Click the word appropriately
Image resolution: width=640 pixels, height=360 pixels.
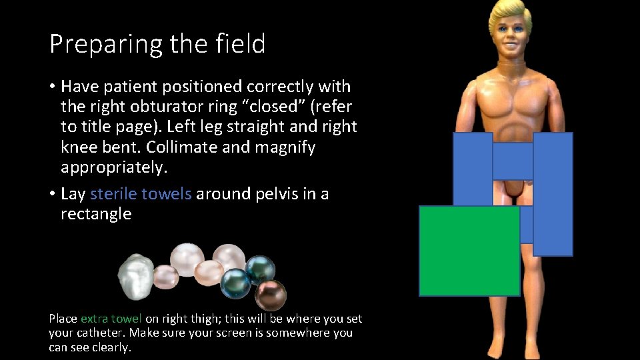113,167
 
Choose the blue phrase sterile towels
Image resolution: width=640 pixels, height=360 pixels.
141,194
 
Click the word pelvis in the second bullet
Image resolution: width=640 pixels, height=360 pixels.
281,194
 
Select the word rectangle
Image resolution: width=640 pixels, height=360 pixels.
96,214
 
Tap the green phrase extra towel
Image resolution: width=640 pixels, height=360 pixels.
111,319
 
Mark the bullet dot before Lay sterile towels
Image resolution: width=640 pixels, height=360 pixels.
52,194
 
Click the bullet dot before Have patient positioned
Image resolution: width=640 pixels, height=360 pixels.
52,87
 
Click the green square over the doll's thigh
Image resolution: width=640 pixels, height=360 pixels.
469,251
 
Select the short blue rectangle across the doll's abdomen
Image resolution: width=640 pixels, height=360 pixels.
513,161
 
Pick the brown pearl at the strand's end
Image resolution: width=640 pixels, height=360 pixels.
270,294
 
